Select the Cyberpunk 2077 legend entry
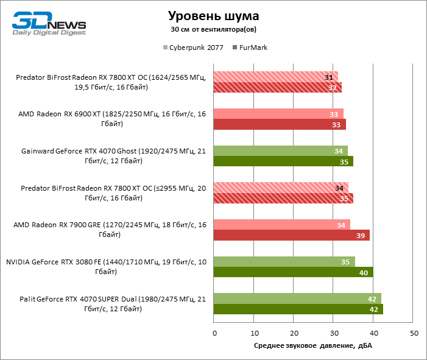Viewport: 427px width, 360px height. point(192,47)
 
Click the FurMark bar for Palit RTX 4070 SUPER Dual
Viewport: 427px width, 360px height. point(298,309)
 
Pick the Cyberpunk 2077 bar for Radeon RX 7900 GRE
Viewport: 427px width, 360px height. point(282,225)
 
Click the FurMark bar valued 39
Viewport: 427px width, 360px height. point(292,235)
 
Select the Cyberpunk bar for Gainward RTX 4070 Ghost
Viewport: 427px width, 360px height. point(281,150)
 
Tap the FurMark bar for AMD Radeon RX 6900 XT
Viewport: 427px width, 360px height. point(280,124)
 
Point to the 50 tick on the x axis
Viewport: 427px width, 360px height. point(414,333)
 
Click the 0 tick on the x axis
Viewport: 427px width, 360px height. point(214,333)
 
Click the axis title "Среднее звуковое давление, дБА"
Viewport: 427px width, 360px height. point(313,346)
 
